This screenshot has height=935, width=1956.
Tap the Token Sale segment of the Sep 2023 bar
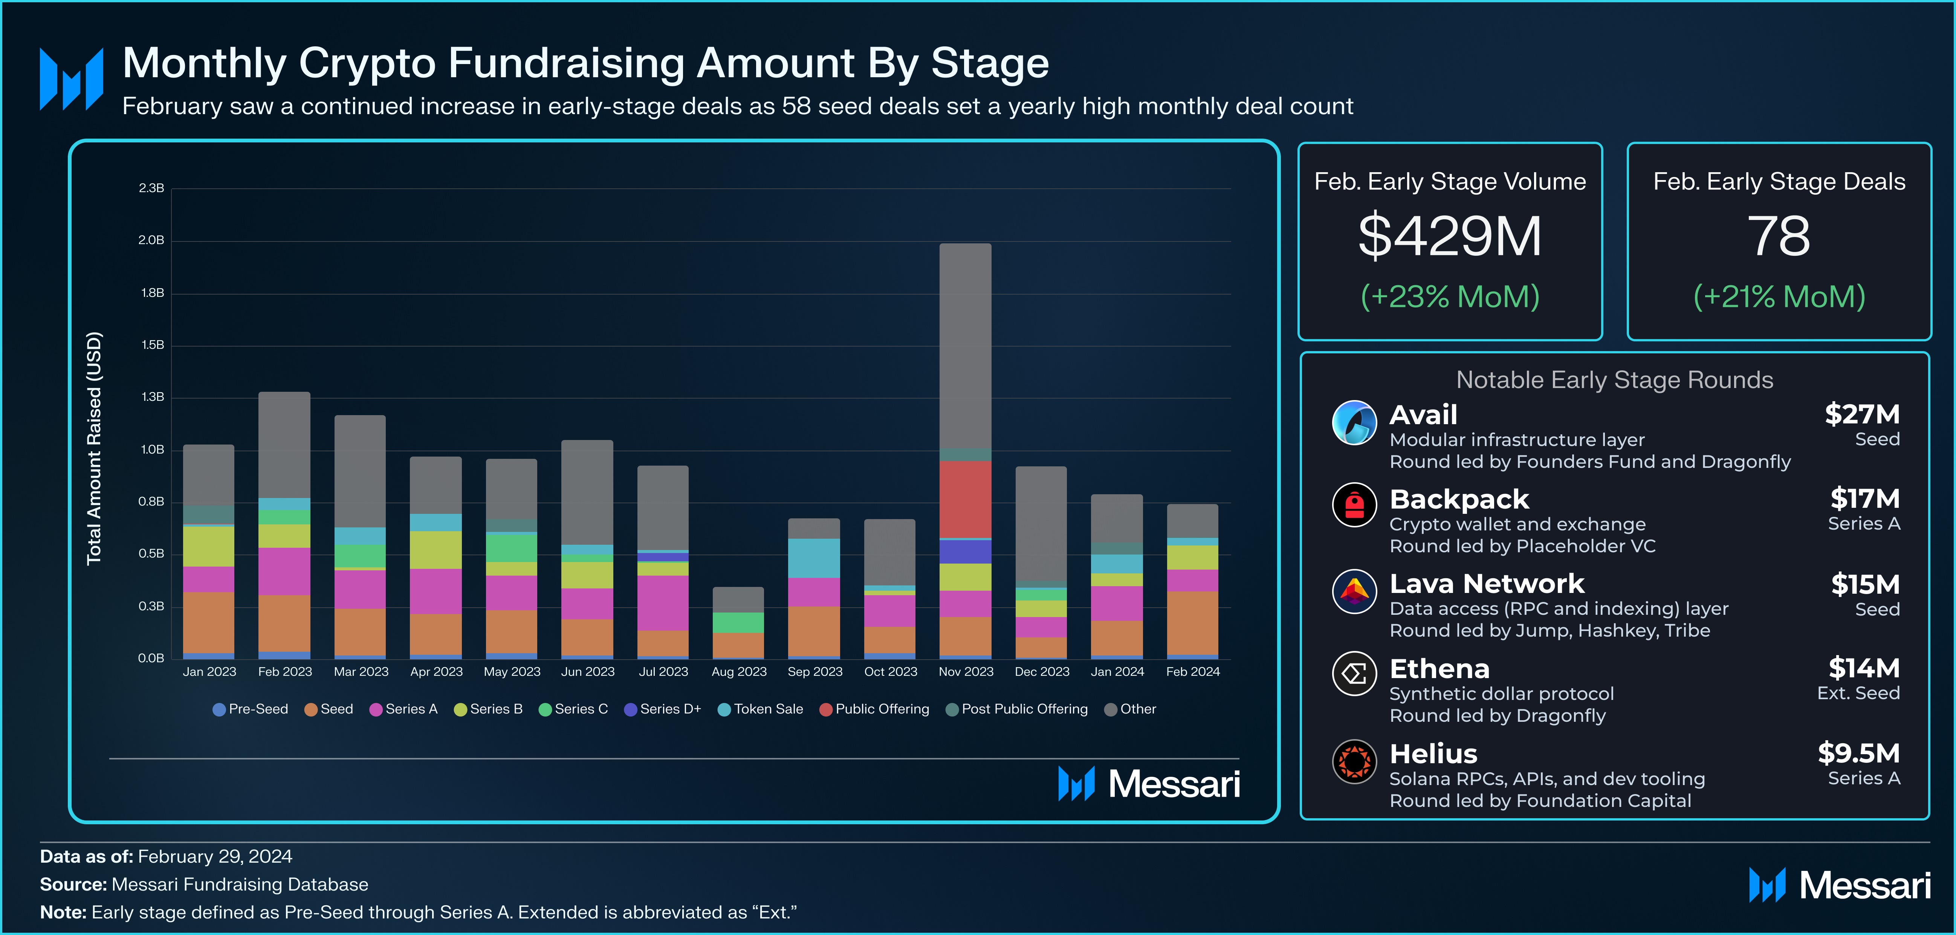tap(814, 558)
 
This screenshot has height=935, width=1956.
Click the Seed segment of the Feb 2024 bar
tap(1192, 623)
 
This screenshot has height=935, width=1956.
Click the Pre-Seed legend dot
tap(219, 709)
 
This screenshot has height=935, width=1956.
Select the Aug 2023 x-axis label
tap(739, 671)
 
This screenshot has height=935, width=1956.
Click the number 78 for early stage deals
tap(1778, 236)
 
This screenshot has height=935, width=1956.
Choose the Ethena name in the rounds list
tap(1439, 669)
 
